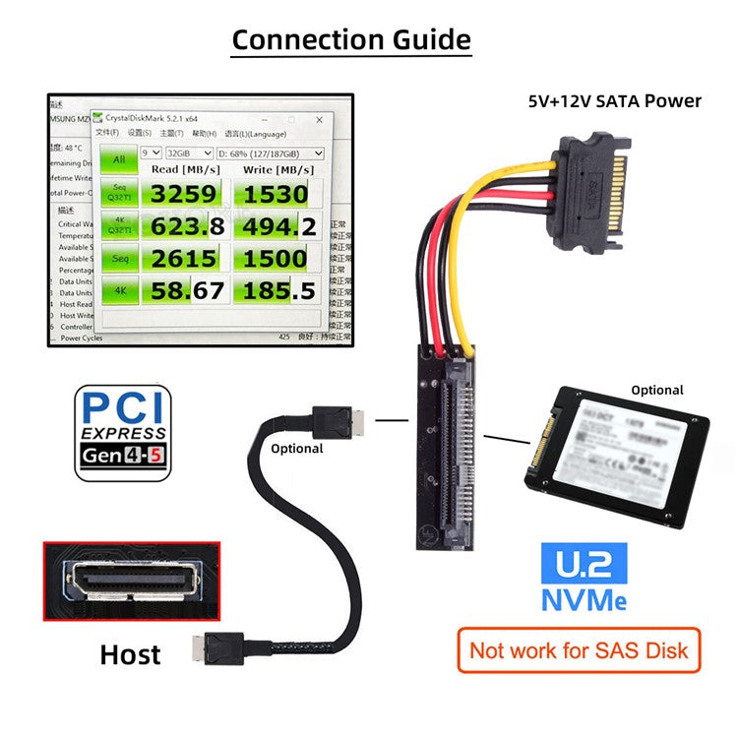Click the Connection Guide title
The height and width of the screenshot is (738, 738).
[351, 40]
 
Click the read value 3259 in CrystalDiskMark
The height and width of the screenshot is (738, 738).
[183, 193]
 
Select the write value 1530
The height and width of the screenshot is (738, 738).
[276, 193]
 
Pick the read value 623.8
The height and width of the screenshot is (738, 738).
[187, 226]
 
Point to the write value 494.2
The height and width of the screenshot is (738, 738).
[279, 226]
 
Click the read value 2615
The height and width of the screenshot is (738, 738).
[183, 258]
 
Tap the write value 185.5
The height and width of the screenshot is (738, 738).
[279, 290]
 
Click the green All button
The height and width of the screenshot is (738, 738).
[118, 159]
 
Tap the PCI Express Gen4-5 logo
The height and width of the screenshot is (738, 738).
[124, 433]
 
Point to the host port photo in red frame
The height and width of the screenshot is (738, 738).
[131, 581]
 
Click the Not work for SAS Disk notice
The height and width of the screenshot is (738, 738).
[579, 649]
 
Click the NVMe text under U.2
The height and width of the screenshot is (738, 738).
[584, 598]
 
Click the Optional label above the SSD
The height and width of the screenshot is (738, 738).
[656, 390]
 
